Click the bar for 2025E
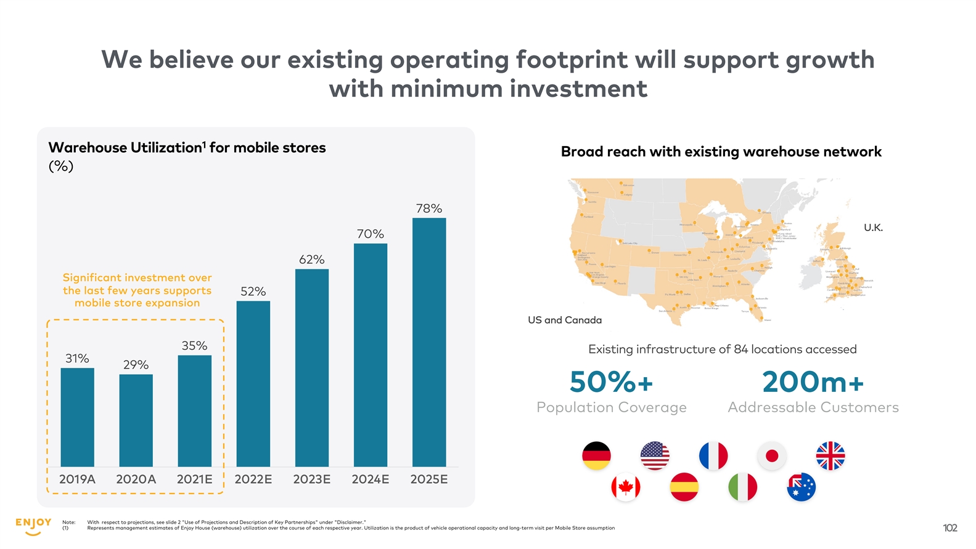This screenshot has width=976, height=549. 429,342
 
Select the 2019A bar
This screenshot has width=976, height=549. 78,417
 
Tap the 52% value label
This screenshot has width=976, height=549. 253,291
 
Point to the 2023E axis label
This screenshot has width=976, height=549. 311,479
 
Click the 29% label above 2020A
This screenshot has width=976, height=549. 136,365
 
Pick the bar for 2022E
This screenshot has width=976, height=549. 253,383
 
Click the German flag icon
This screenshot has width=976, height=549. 596,456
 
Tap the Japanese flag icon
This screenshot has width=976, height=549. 771,456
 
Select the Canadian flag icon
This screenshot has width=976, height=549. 625,487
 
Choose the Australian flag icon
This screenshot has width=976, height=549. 801,487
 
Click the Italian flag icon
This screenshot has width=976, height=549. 742,487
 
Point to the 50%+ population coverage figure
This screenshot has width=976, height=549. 611,382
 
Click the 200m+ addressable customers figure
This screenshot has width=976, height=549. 813,382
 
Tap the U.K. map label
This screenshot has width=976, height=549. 873,228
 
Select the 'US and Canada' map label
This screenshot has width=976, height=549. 564,320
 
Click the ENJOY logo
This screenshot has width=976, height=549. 33,526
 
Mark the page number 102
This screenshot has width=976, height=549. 949,528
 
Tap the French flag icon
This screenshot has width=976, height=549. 713,456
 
